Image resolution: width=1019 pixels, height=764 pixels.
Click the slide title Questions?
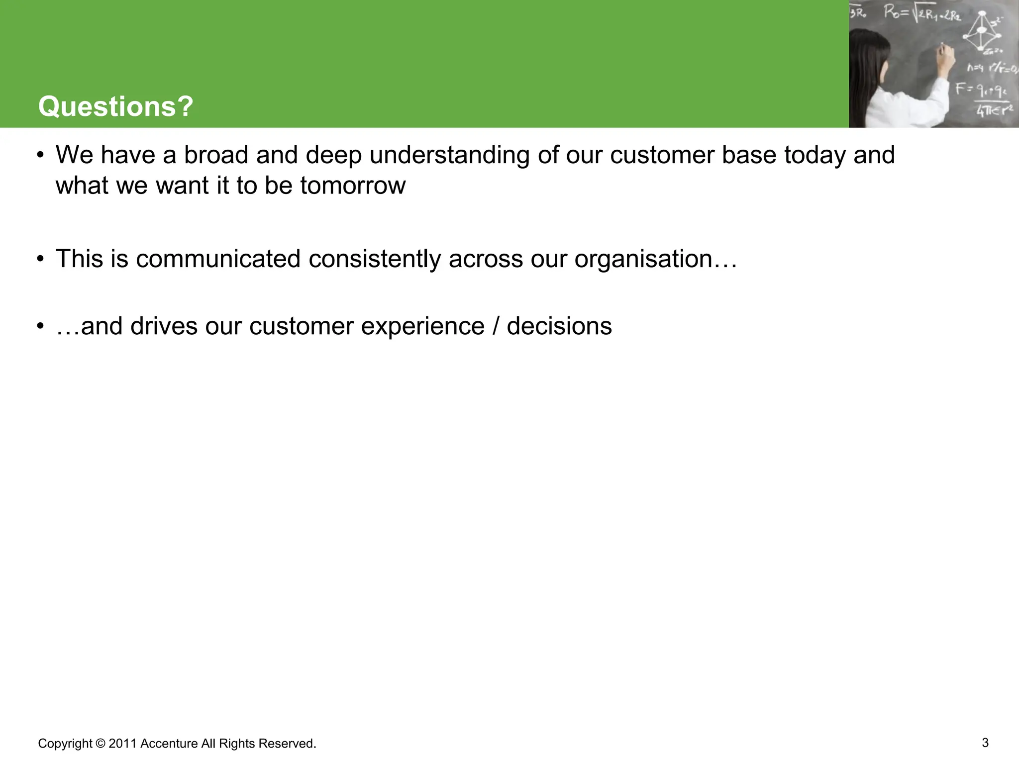pyautogui.click(x=115, y=106)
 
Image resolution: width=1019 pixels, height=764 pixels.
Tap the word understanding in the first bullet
pyautogui.click(x=449, y=155)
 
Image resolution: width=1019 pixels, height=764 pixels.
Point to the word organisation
pyautogui.click(x=644, y=259)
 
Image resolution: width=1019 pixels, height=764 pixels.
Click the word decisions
pyautogui.click(x=559, y=327)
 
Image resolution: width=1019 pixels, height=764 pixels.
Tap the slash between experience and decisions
pyautogui.click(x=496, y=327)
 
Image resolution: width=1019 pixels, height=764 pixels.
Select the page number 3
pyautogui.click(x=985, y=743)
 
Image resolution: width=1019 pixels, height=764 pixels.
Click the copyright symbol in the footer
pyautogui.click(x=100, y=744)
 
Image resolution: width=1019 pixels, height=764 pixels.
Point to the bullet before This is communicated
pyautogui.click(x=41, y=259)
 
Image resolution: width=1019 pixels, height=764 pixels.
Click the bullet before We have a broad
pyautogui.click(x=41, y=155)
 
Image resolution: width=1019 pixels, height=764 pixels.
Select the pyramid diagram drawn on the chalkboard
pyautogui.click(x=981, y=33)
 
